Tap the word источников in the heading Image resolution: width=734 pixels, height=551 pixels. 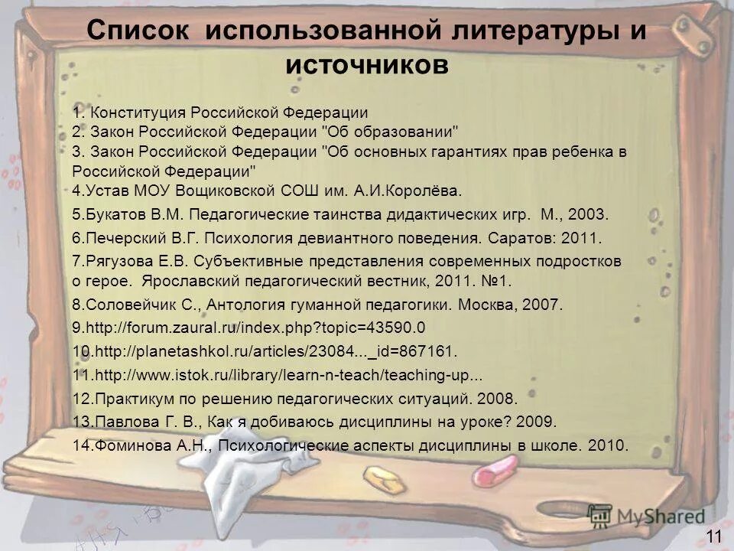(x=367, y=64)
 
